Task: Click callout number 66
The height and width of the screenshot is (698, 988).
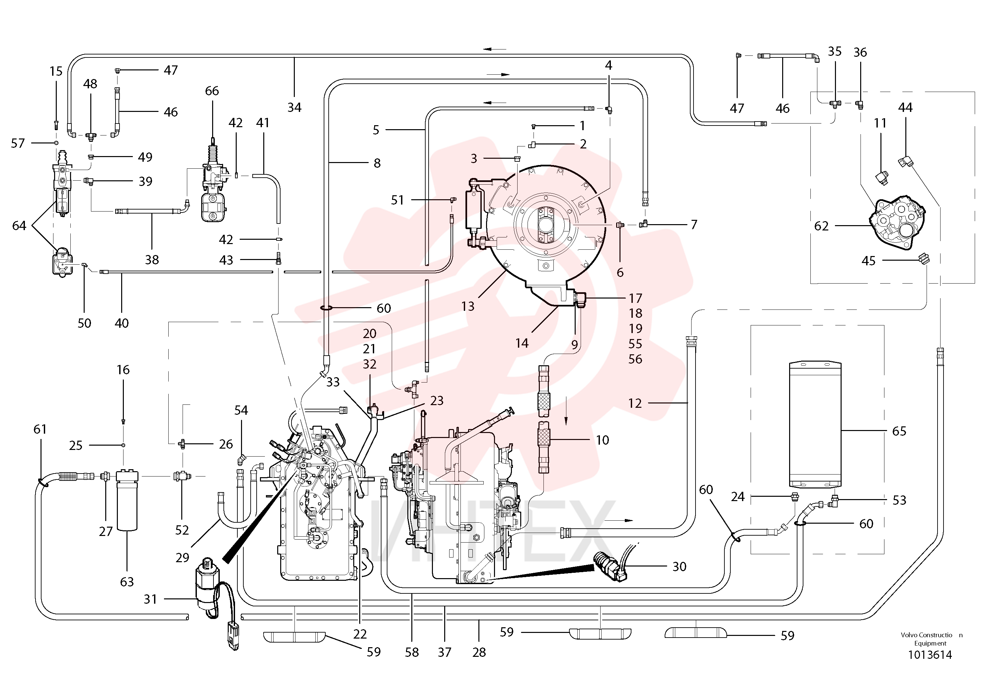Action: click(x=212, y=91)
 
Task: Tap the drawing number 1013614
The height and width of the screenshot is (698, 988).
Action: click(x=930, y=655)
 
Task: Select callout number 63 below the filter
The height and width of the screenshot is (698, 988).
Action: click(x=127, y=582)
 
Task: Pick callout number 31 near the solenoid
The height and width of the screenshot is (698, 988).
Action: click(x=150, y=599)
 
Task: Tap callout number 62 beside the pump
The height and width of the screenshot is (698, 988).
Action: click(x=821, y=226)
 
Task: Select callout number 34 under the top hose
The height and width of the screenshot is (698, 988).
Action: click(x=294, y=107)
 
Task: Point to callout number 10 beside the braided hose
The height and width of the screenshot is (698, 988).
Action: click(x=603, y=440)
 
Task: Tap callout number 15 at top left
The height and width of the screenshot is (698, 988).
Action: click(x=56, y=71)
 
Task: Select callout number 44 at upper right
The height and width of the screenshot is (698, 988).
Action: click(x=905, y=107)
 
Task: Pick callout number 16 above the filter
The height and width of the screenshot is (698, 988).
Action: click(x=123, y=370)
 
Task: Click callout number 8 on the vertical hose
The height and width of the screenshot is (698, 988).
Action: click(x=377, y=163)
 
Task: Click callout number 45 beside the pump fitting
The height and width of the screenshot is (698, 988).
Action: click(x=868, y=261)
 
